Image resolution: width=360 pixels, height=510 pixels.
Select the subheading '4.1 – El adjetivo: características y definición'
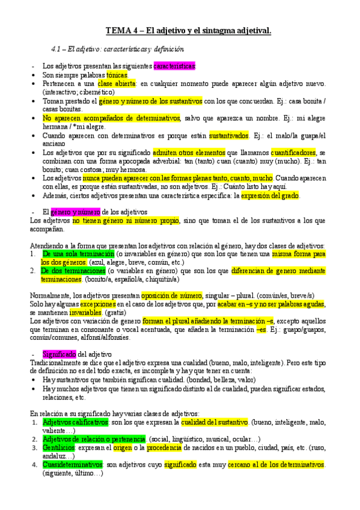(x=117, y=49)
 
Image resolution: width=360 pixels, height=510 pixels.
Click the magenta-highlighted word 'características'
(x=174, y=66)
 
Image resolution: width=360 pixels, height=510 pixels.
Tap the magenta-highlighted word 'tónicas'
(x=113, y=75)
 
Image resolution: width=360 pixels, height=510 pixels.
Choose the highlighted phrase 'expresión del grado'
(x=270, y=195)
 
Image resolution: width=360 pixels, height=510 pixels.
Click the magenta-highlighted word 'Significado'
(x=59, y=355)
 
